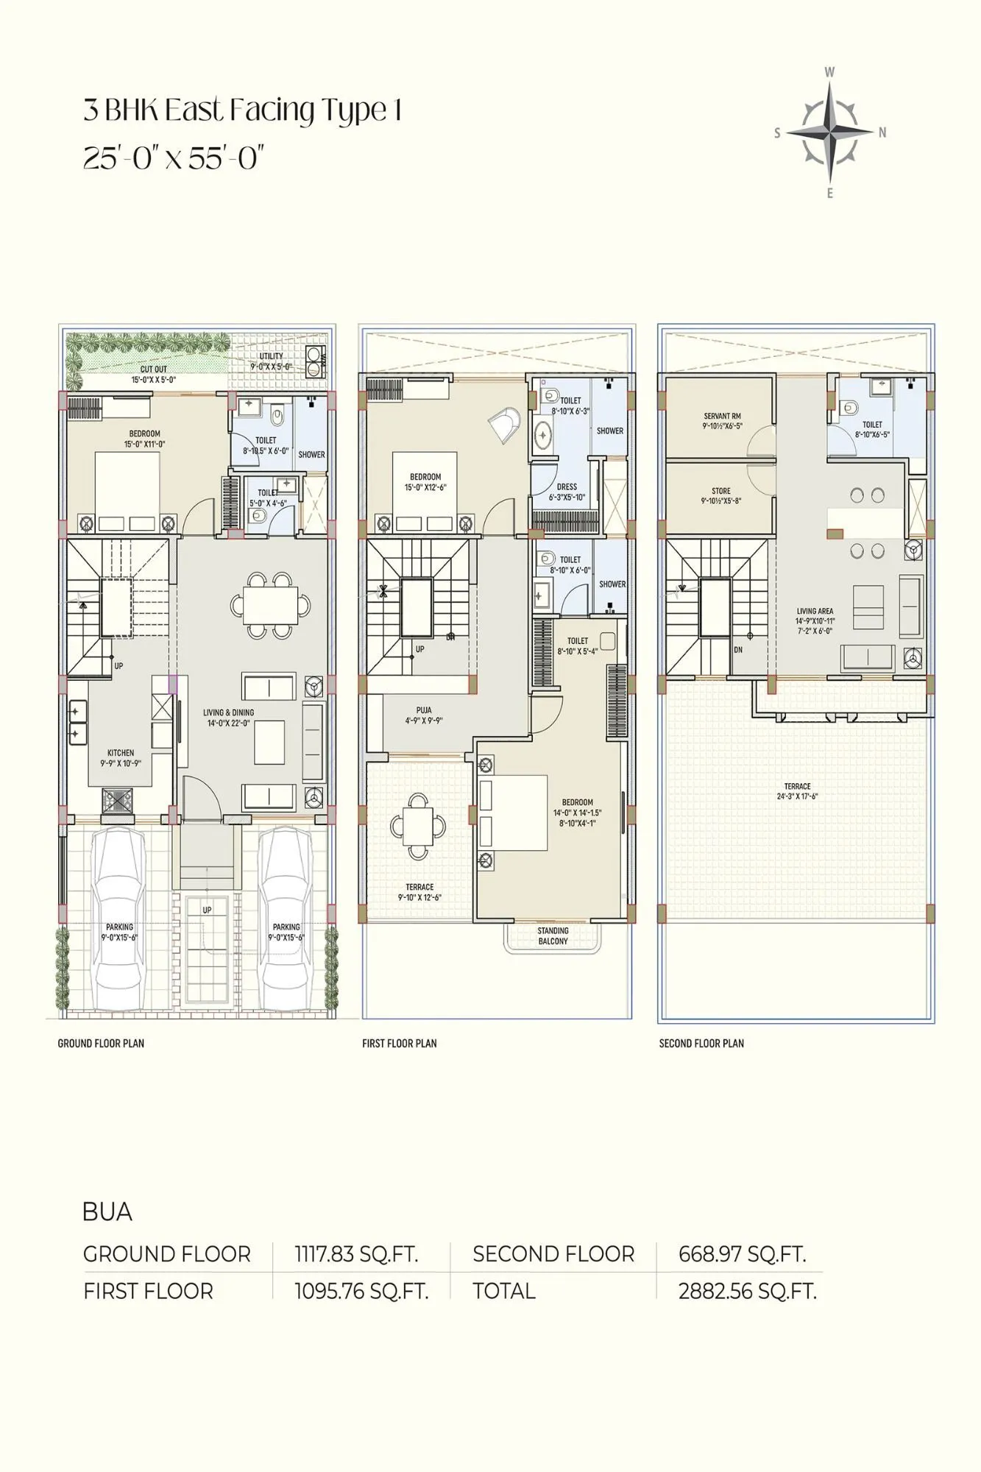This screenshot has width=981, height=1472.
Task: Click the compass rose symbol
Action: click(x=829, y=133)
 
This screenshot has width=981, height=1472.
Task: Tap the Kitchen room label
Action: click(x=121, y=757)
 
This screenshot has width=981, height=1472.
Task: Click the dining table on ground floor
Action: click(x=270, y=605)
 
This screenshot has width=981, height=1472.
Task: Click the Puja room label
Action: click(x=424, y=715)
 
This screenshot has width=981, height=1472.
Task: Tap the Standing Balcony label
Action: click(x=553, y=935)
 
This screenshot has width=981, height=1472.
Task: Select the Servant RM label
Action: click(x=722, y=421)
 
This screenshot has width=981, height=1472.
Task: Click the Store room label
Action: click(x=721, y=495)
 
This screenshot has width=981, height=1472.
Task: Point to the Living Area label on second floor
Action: click(x=815, y=620)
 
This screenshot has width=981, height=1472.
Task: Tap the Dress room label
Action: click(x=567, y=492)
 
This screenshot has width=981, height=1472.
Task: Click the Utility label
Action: click(x=271, y=361)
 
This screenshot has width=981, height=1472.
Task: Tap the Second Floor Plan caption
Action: click(x=701, y=1043)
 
